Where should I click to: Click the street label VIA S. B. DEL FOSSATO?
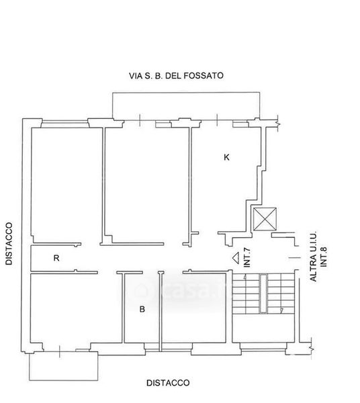click(176, 75)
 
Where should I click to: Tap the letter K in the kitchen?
click(226, 157)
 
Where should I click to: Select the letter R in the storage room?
click(56, 258)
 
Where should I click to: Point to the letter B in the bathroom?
click(142, 309)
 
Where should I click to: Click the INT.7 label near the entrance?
click(247, 257)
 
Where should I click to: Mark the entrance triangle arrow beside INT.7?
click(235, 257)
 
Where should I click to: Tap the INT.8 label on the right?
click(324, 257)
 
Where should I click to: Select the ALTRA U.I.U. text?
click(313, 257)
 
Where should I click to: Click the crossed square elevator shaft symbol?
click(265, 219)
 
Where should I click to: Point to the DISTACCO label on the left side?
click(9, 243)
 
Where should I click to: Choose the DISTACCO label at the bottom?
click(168, 383)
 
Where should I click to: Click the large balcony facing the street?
click(186, 106)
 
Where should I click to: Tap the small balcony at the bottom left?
click(63, 366)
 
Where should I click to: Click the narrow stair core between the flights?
click(263, 294)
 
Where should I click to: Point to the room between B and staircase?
click(194, 308)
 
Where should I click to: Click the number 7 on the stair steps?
click(281, 311)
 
